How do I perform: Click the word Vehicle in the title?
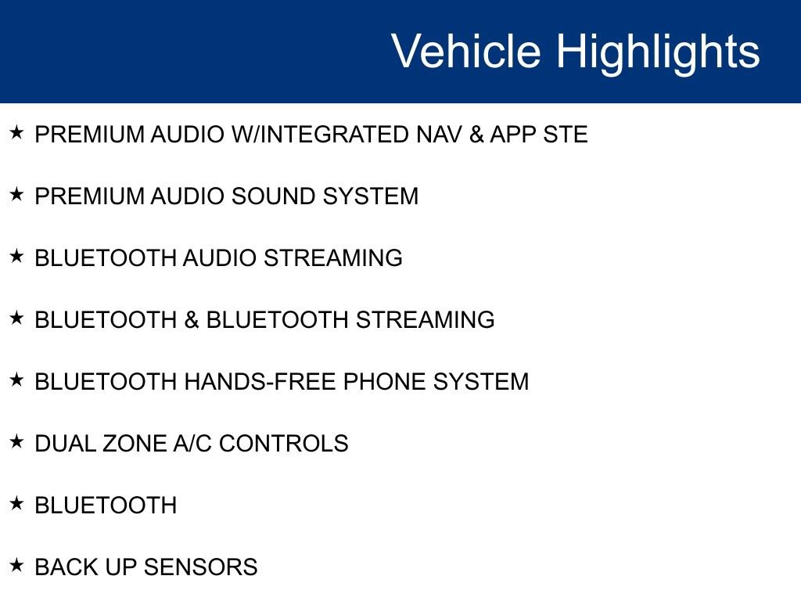[x=466, y=51]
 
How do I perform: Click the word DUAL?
[x=65, y=444]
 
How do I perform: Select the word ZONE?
[x=135, y=444]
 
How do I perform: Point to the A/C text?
[x=192, y=444]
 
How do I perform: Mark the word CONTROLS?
[x=283, y=444]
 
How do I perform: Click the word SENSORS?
[x=201, y=567]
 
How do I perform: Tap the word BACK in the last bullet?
[x=66, y=567]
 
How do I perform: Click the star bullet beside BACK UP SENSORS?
[x=16, y=565]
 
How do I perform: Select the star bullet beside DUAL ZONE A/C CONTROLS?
[x=16, y=441]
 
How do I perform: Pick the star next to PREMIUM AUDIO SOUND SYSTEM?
[x=16, y=194]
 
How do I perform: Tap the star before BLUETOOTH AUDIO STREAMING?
[x=16, y=256]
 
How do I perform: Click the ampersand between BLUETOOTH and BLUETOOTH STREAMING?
[x=192, y=320]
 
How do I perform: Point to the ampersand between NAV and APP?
[x=476, y=135]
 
